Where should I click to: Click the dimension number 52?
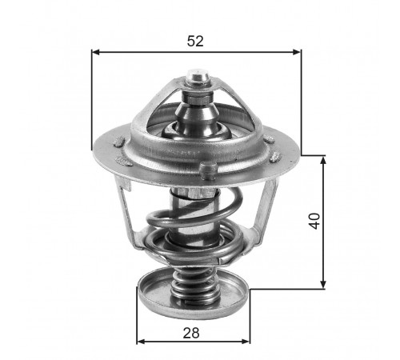[x=195, y=42]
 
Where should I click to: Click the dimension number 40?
[x=314, y=221]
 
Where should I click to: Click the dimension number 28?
[x=191, y=333]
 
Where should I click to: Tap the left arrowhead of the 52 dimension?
[x=95, y=52]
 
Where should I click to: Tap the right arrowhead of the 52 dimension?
[x=297, y=52]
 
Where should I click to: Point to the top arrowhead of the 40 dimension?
[x=323, y=161]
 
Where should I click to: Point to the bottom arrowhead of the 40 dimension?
[x=323, y=284]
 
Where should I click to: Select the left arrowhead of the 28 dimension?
[x=141, y=342]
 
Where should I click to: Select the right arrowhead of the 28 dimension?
[x=246, y=342]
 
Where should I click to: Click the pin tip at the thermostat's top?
[x=198, y=77]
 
